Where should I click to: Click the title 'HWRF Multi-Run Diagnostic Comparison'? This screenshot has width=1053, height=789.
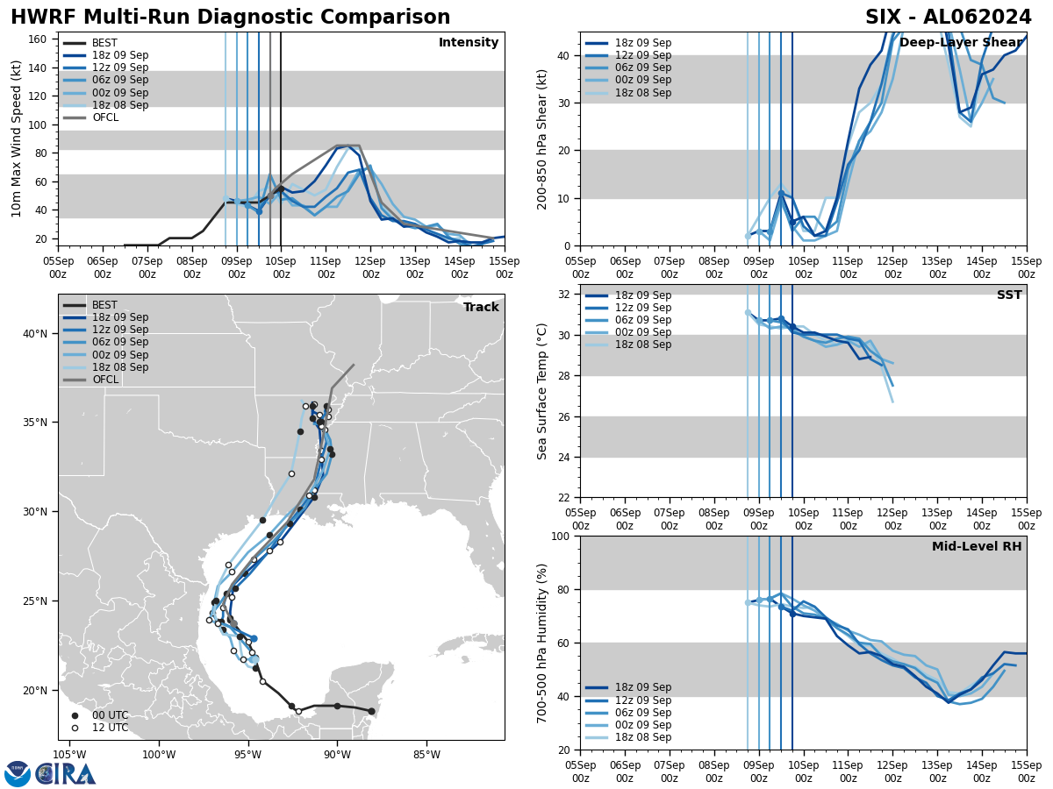click(230, 18)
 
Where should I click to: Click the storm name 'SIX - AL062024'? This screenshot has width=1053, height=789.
click(948, 18)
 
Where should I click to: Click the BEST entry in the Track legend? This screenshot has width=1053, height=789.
click(104, 305)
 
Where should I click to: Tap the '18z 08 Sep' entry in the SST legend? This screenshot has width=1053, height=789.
click(641, 345)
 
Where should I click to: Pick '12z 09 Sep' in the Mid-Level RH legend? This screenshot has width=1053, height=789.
click(641, 700)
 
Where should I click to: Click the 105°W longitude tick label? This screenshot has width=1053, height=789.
click(69, 753)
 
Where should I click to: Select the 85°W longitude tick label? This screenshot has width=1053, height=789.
click(426, 753)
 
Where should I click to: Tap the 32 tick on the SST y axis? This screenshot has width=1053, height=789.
click(566, 295)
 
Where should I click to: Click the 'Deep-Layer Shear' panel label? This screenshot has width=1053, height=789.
click(961, 43)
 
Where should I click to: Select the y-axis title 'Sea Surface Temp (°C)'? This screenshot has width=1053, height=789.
click(543, 391)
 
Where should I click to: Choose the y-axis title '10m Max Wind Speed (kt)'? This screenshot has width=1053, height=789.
click(17, 139)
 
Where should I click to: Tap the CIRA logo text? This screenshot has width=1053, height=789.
click(67, 773)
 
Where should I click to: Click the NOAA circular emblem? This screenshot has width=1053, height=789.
click(18, 773)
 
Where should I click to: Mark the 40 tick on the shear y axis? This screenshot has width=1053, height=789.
click(566, 55)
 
